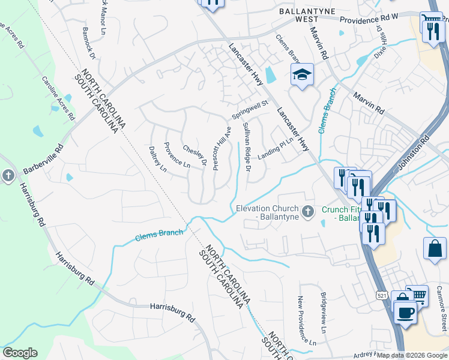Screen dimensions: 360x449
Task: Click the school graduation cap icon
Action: (x=302, y=75)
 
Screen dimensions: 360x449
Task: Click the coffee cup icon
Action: (x=405, y=312)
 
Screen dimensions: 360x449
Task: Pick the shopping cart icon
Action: (x=418, y=295)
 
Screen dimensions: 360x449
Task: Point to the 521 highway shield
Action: (x=382, y=295)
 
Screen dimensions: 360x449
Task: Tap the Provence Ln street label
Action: (x=177, y=154)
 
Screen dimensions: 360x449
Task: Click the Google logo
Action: (x=20, y=353)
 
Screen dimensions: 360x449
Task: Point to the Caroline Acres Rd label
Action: (x=58, y=96)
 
